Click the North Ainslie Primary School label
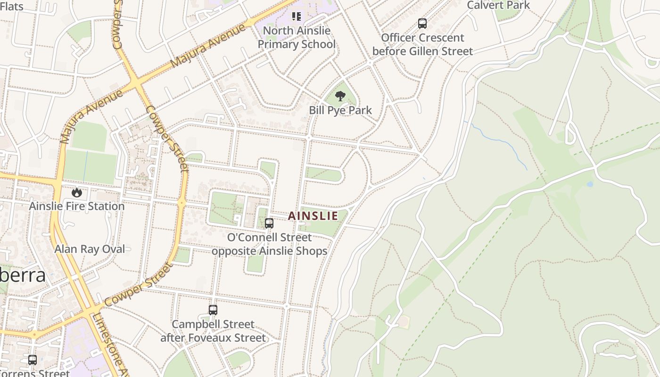pyautogui.click(x=297, y=38)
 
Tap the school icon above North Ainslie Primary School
pyautogui.click(x=297, y=16)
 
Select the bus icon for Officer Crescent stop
pyautogui.click(x=422, y=23)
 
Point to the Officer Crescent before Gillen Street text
pyautogui.click(x=422, y=44)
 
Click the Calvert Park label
pyautogui.click(x=498, y=5)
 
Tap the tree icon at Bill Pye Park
pyautogui.click(x=340, y=96)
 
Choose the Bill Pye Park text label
pyautogui.click(x=340, y=110)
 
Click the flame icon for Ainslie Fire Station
pyautogui.click(x=77, y=192)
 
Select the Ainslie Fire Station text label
pyautogui.click(x=77, y=206)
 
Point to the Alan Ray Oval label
pyautogui.click(x=90, y=249)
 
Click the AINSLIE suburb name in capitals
pyautogui.click(x=313, y=216)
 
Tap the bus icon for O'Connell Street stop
pyautogui.click(x=269, y=223)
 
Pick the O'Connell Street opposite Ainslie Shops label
pyautogui.click(x=269, y=244)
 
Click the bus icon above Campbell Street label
pyautogui.click(x=213, y=310)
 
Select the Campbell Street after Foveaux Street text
pyautogui.click(x=213, y=331)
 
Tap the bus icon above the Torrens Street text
pyautogui.click(x=33, y=360)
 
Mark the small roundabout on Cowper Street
pyautogui.click(x=182, y=203)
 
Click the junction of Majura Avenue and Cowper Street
pyautogui.click(x=136, y=83)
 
